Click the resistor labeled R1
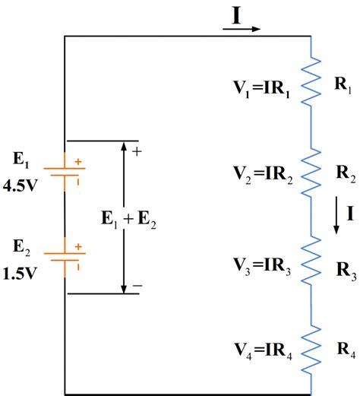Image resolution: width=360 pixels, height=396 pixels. coord(312,83)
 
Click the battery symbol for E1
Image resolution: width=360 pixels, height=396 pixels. coord(66,166)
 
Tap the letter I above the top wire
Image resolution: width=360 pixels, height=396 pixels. coord(236,16)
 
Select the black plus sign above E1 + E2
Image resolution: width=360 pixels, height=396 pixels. coord(137,151)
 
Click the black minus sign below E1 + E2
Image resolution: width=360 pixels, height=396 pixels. coord(137,286)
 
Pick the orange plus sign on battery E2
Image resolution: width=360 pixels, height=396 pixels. coord(79,246)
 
